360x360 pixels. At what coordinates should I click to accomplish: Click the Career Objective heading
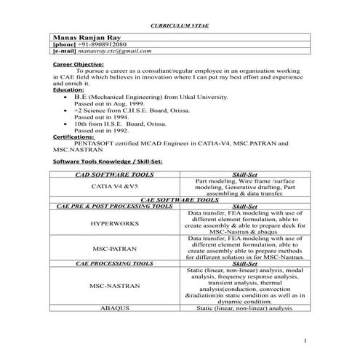pos(81,64)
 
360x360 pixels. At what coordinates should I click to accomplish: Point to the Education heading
pos(68,89)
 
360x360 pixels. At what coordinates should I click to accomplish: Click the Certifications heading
pos(73,136)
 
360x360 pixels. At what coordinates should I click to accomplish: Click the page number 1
pos(307,340)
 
